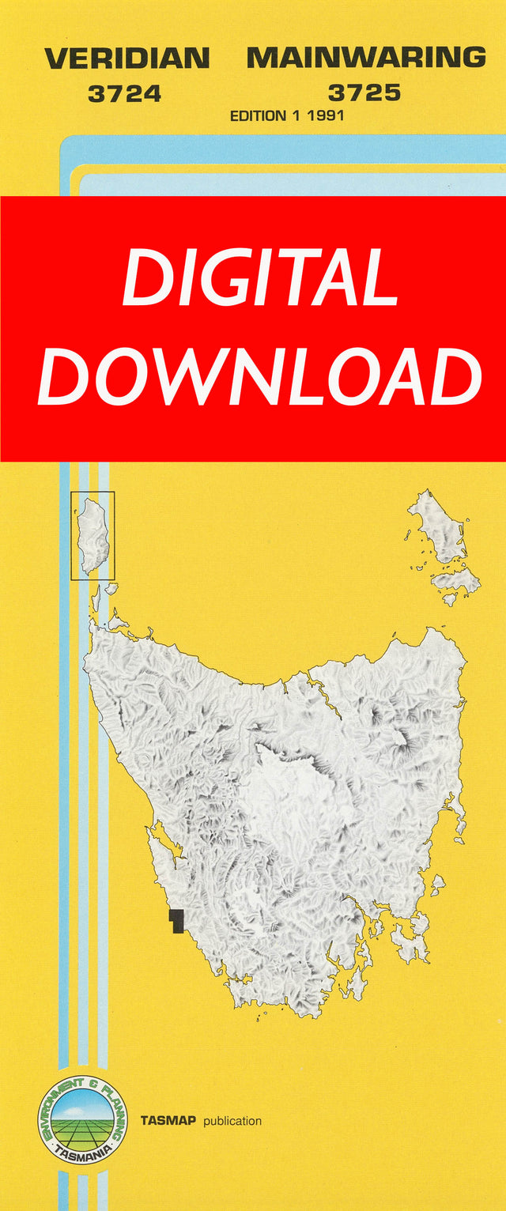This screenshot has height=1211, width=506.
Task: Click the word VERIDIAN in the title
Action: tap(127, 58)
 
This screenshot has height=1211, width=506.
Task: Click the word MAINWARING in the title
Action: tap(366, 58)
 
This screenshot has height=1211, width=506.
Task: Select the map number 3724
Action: tap(125, 94)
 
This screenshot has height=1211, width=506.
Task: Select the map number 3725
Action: tap(364, 93)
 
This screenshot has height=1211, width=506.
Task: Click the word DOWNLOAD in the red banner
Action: tap(259, 376)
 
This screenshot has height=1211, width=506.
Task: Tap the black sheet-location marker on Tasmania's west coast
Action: tap(176, 920)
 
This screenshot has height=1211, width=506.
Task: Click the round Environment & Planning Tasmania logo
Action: tap(82, 1120)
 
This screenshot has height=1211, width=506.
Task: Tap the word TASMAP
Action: tap(168, 1121)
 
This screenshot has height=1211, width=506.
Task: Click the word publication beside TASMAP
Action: tap(232, 1121)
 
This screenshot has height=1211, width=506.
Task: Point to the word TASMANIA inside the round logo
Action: tap(82, 1153)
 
